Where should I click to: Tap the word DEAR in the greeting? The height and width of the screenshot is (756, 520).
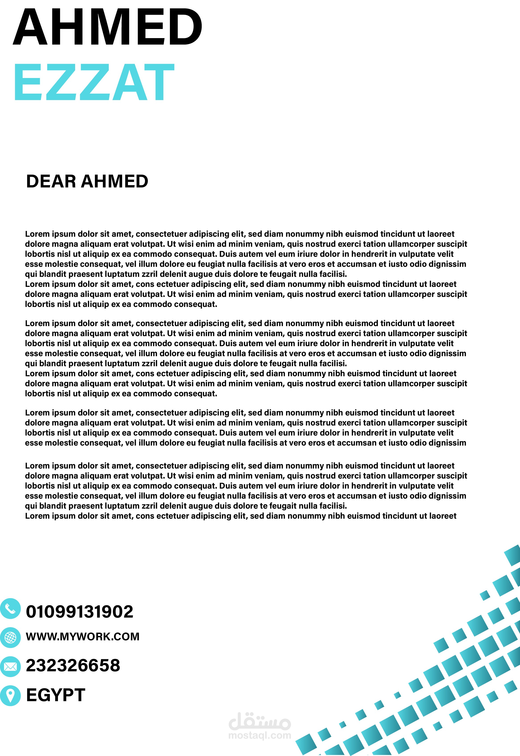(x=51, y=181)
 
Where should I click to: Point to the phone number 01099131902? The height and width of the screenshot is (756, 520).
(x=80, y=612)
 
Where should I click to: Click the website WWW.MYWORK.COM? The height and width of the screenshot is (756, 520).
(x=83, y=637)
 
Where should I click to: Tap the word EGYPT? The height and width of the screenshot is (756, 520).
(x=56, y=695)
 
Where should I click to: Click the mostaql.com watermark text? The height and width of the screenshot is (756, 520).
(x=260, y=736)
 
